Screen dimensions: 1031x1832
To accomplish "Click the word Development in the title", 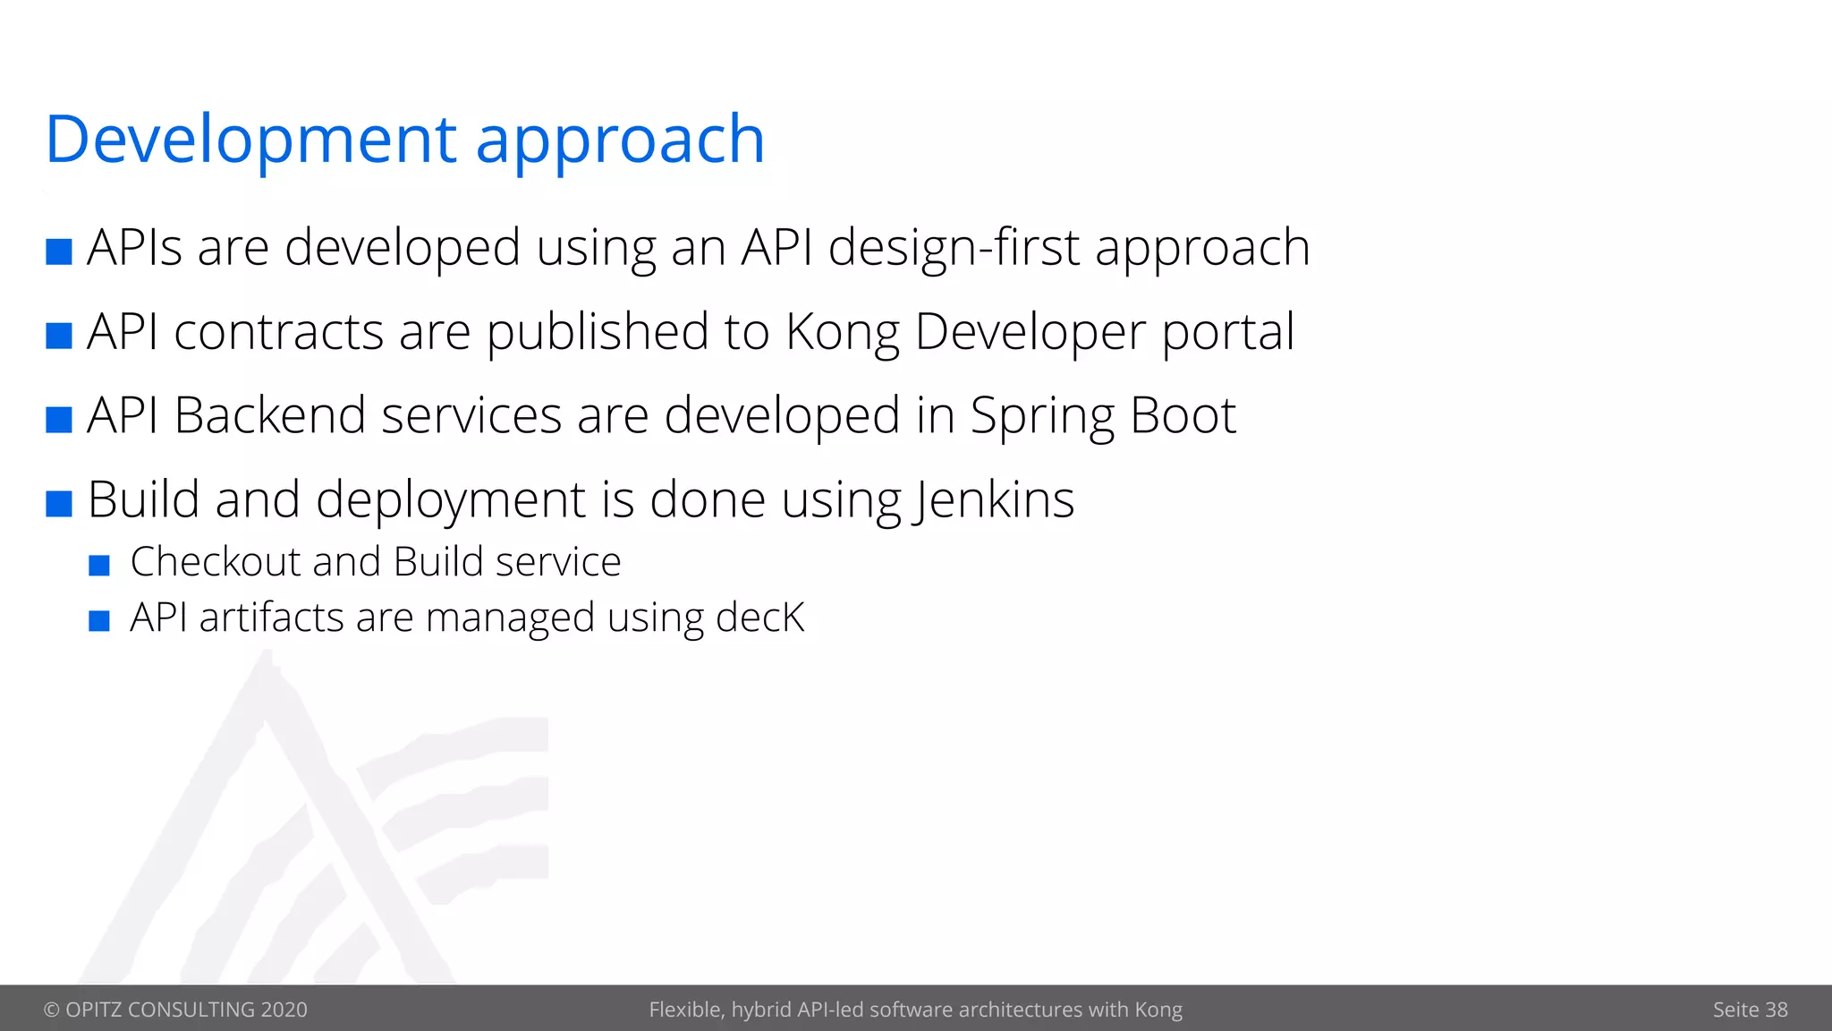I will click(x=251, y=140).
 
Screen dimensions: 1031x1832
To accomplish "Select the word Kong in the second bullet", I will click(x=842, y=333).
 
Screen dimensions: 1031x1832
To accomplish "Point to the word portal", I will click(x=1227, y=333).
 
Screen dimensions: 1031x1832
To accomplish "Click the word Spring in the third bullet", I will click(x=1041, y=417).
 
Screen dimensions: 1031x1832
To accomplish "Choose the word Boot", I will click(x=1183, y=415).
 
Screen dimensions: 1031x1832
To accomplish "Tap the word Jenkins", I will click(x=994, y=499).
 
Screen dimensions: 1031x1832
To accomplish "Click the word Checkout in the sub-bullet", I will click(x=216, y=562).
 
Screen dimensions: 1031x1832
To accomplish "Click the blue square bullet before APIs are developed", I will click(x=59, y=251).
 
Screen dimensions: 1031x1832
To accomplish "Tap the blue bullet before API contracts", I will click(x=59, y=336).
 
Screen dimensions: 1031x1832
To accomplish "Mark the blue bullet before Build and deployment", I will click(x=59, y=503).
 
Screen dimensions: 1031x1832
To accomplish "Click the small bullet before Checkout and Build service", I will click(x=99, y=566).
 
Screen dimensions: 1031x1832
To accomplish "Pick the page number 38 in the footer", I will click(x=1777, y=1010).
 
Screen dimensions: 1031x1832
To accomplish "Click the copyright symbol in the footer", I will click(x=52, y=1010).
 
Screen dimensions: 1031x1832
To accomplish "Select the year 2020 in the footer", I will click(x=284, y=1010).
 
